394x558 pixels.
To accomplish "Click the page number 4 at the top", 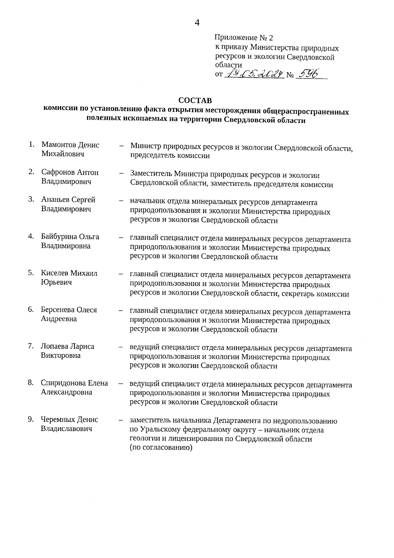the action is click(197, 22).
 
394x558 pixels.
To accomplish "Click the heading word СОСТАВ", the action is click(195, 100).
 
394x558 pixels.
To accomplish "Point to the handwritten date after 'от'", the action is click(254, 75).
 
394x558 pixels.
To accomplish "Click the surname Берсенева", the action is click(57, 310).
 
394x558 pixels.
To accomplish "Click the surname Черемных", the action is click(57, 420).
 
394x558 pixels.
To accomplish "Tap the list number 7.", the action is click(31, 346).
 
